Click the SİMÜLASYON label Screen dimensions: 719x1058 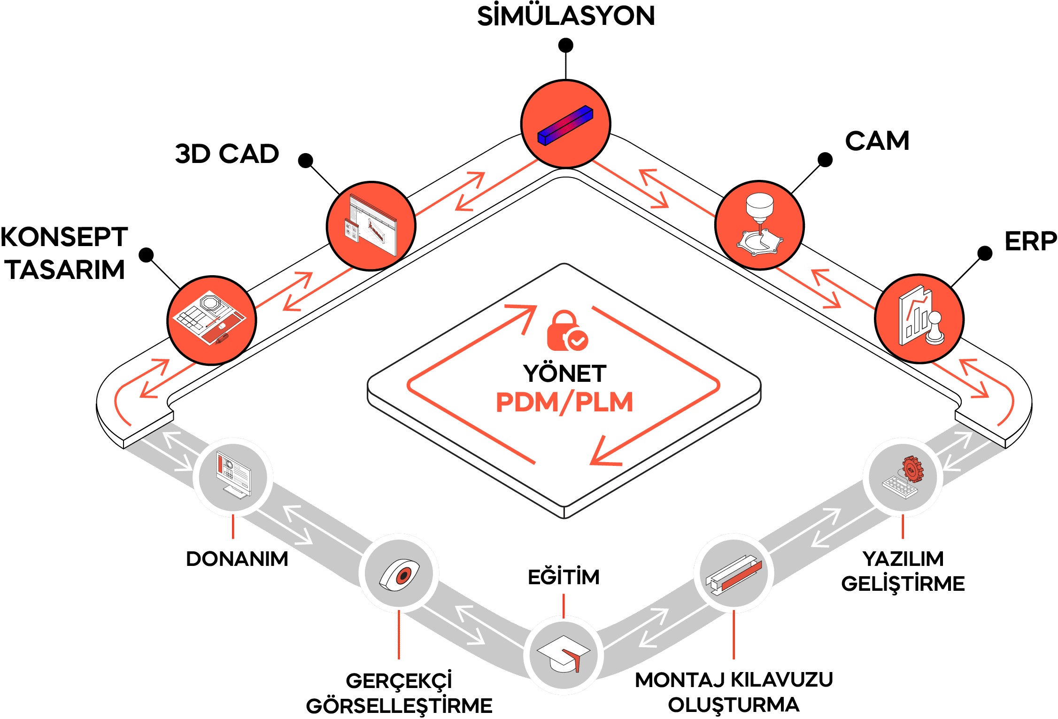tap(566, 16)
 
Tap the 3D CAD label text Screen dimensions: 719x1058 tap(227, 154)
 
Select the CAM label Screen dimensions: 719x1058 tap(877, 141)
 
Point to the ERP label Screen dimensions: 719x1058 tap(1030, 242)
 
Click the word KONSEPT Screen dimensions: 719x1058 tap(64, 237)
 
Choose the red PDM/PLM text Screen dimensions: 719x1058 tap(564, 402)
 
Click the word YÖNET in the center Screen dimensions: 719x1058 tap(565, 374)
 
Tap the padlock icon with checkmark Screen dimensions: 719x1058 tap(566, 331)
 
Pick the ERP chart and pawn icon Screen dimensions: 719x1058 tap(919, 318)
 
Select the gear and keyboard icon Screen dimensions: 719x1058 tap(903, 477)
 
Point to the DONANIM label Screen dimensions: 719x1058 tap(237, 559)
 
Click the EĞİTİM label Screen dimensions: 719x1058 tap(564, 577)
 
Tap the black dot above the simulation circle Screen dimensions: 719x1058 tap(565, 46)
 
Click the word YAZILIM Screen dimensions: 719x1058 tap(903, 559)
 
